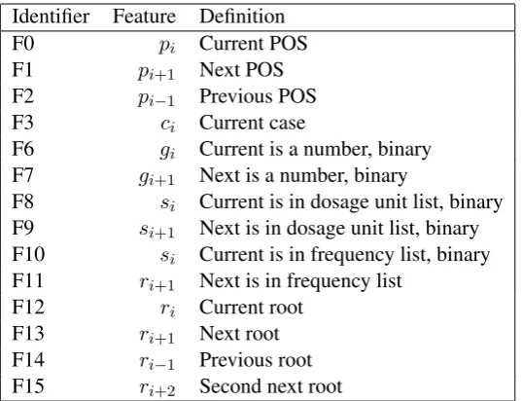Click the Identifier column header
click(51, 17)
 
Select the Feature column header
click(144, 17)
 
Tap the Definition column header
click(242, 17)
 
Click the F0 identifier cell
click(23, 44)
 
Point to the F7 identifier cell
click(22, 175)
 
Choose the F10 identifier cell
click(28, 254)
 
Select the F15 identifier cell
click(28, 386)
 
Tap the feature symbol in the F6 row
click(167, 152)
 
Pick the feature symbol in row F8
click(167, 203)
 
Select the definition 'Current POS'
click(253, 44)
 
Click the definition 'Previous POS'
click(258, 96)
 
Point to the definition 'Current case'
click(252, 123)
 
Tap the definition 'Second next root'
click(270, 386)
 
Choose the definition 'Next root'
click(239, 333)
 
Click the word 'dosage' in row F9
click(317, 230)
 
